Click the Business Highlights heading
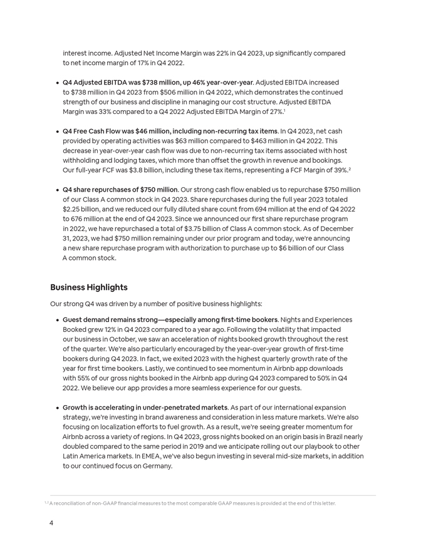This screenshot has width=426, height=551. tap(88, 287)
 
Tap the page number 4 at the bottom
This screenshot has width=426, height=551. tap(51, 523)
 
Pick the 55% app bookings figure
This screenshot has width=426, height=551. tap(83, 378)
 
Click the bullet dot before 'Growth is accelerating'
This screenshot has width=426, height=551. tap(57, 408)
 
